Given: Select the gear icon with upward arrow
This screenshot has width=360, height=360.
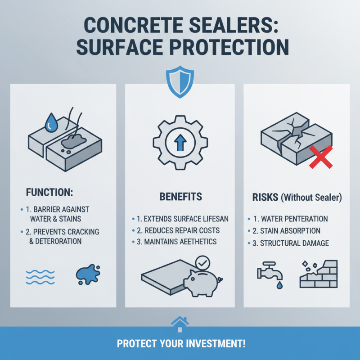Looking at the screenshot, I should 180,140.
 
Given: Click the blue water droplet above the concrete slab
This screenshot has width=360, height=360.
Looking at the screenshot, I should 52,121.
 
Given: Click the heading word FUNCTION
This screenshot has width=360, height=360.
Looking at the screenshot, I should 46,192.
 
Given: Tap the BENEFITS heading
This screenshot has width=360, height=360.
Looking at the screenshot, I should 180,197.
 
